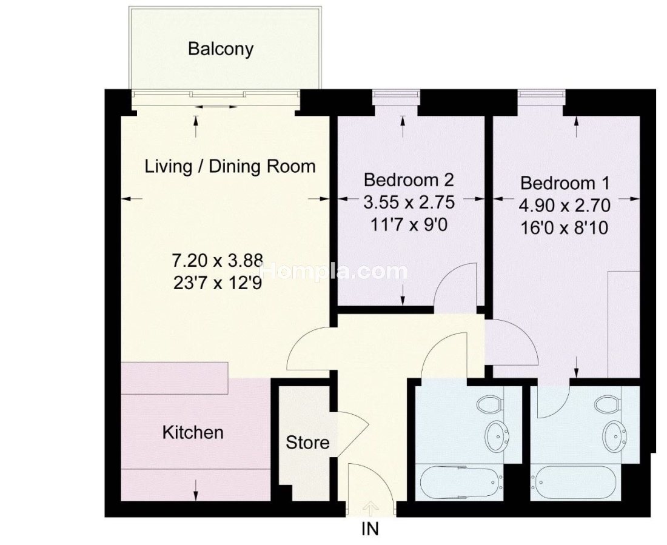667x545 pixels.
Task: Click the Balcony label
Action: pos(220,49)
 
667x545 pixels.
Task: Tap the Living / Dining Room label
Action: pos(230,166)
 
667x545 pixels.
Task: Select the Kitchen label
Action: pos(193,432)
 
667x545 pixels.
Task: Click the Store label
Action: pos(307,443)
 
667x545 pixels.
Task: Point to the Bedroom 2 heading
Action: pos(409,180)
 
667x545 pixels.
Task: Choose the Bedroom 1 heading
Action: pos(565,183)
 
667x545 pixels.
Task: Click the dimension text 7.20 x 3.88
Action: pos(217,260)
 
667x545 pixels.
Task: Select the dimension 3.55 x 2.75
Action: pos(409,202)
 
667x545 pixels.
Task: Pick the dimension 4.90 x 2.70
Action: pos(565,206)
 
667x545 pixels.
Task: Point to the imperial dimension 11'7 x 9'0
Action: pos(409,225)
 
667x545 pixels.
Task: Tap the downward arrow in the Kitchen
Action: pos(196,489)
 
